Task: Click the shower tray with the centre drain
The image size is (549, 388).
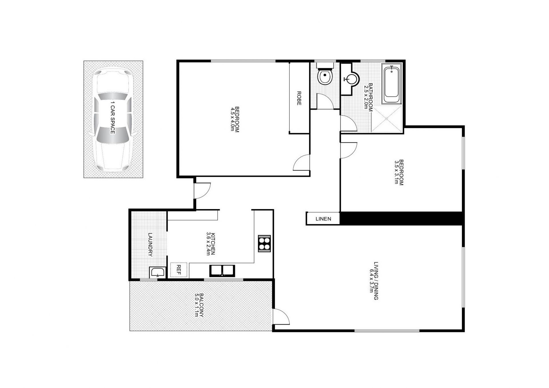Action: tap(387, 119)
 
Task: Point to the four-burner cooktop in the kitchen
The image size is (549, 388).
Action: tap(264, 244)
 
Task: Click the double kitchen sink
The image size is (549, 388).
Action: tap(222, 271)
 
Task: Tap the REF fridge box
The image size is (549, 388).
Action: tap(179, 270)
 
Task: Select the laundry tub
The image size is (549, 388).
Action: tap(157, 272)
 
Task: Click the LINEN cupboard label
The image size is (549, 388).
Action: tap(323, 219)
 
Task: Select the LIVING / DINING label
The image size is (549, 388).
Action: tap(376, 280)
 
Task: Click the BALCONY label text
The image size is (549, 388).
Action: tap(201, 305)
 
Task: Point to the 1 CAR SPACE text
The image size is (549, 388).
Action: tap(113, 118)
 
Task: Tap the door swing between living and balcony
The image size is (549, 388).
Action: tap(280, 317)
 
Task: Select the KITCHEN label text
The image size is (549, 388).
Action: tap(213, 244)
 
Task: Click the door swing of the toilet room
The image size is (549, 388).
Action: tap(325, 101)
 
